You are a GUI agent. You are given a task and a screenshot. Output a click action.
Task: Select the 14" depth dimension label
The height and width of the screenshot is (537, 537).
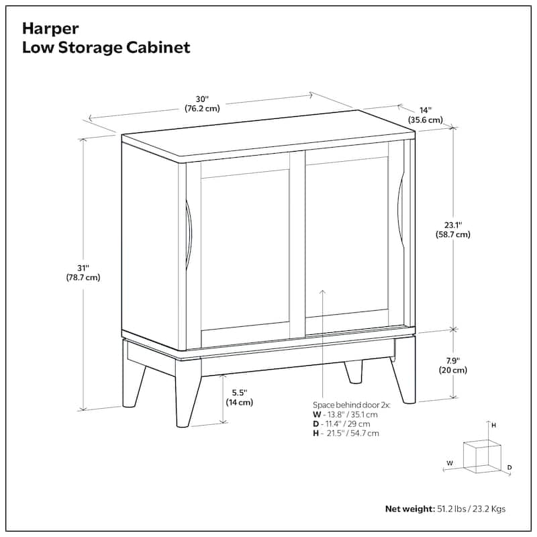tap(426, 115)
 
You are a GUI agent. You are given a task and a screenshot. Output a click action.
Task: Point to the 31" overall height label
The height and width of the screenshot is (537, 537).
tap(83, 272)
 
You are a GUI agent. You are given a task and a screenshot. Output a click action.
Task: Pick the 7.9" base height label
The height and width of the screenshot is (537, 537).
tap(453, 364)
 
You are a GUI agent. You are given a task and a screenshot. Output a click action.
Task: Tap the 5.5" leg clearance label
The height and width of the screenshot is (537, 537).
tap(239, 397)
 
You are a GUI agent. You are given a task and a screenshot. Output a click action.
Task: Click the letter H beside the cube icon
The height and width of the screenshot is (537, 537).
tap(493, 426)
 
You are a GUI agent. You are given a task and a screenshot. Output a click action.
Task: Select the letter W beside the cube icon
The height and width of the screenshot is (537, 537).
tap(450, 462)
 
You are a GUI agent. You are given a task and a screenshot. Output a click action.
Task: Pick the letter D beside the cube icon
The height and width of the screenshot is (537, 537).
tap(509, 467)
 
